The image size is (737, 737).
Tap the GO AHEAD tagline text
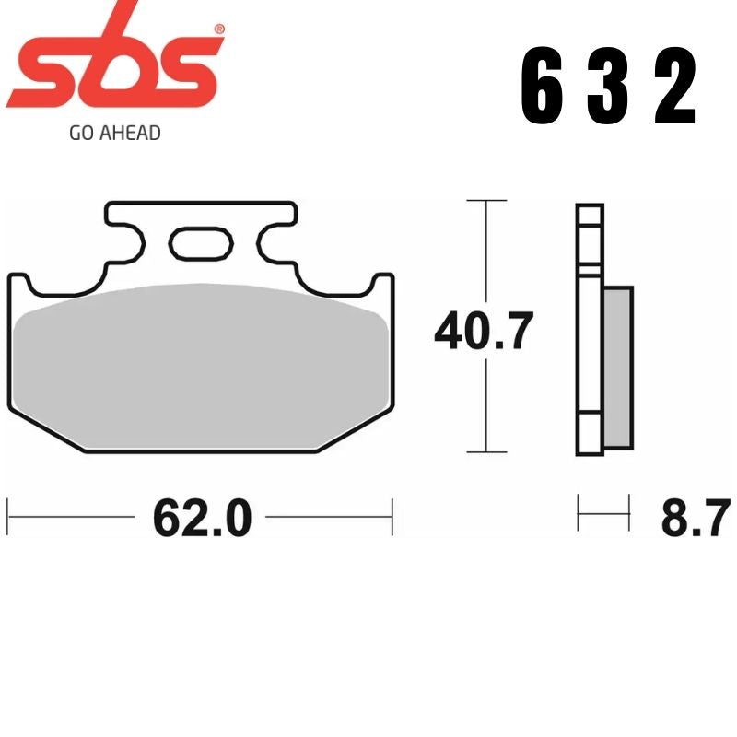coord(115,133)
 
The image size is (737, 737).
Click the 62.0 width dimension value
coord(202,519)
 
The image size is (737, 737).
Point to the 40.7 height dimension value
coord(484,332)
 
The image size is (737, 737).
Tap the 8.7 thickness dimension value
coord(695,518)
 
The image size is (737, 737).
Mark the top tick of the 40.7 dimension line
coord(485,200)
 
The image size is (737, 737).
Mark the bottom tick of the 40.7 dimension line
coord(485,452)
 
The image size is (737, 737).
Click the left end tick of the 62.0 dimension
coord(8,517)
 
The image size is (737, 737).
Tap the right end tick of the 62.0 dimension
coord(392,517)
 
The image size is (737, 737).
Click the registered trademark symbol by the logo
coord(217,30)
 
